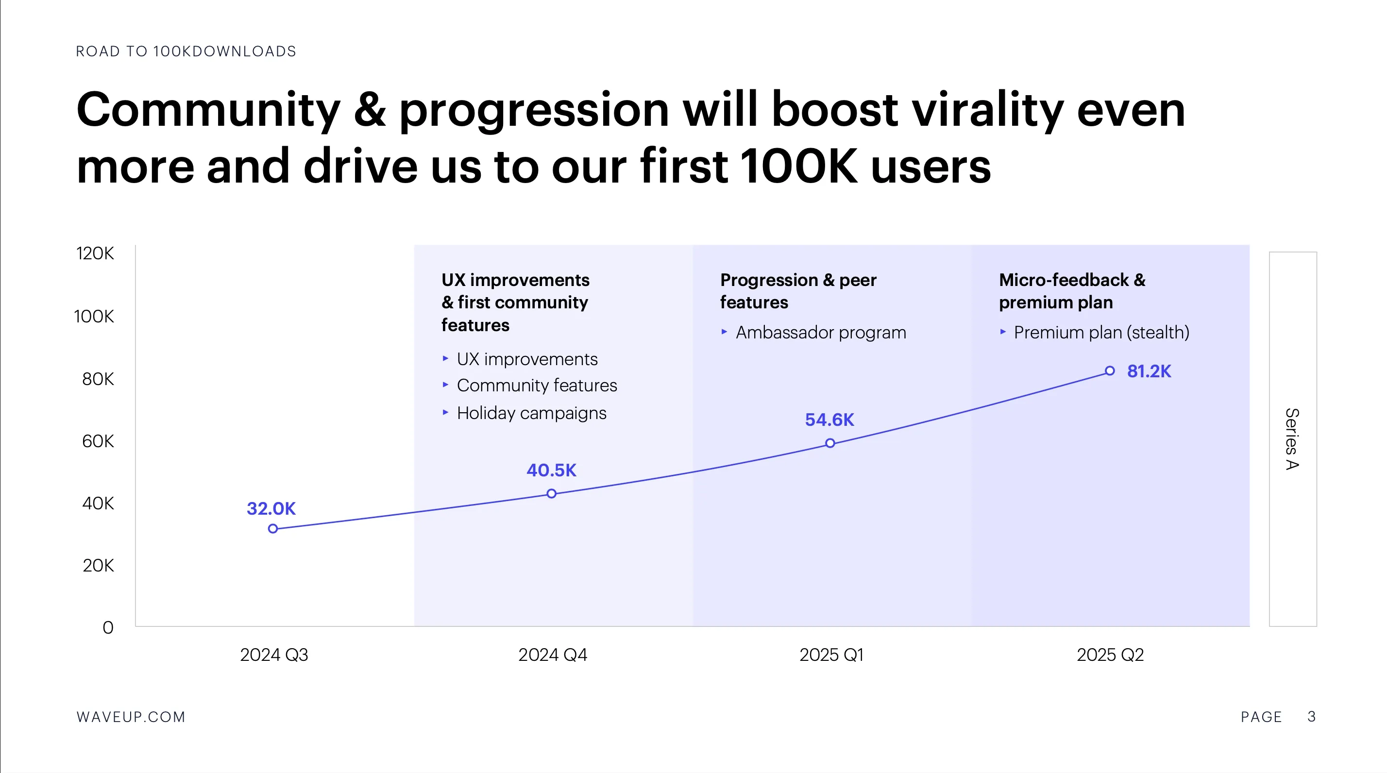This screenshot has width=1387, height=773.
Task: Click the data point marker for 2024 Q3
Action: pos(273,529)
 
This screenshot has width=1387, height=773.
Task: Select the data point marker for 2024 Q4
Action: pos(551,494)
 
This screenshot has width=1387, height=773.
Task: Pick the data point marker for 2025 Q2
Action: pos(1110,371)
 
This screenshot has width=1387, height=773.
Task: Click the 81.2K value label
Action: pos(1149,371)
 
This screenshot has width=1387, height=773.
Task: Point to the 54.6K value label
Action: pos(829,420)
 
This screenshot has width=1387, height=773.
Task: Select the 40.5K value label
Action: pos(551,471)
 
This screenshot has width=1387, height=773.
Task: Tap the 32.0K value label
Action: pos(271,509)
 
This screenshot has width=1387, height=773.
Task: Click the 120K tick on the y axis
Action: pos(95,253)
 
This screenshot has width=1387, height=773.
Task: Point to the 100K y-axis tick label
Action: pos(94,317)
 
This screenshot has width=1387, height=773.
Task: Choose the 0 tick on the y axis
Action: pos(108,628)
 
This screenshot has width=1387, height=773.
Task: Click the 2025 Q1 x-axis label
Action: pos(831,655)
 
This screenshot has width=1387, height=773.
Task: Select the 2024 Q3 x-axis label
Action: pos(274,655)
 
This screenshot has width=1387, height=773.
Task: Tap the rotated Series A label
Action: pos(1292,439)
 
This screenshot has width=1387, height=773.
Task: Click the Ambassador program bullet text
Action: pos(821,333)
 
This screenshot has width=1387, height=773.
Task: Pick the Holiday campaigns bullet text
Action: pos(531,413)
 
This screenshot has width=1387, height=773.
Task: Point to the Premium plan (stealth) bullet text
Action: pos(1101,333)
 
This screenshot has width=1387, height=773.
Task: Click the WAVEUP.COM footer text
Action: pos(131,717)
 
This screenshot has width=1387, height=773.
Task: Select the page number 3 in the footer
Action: pos(1312,717)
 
